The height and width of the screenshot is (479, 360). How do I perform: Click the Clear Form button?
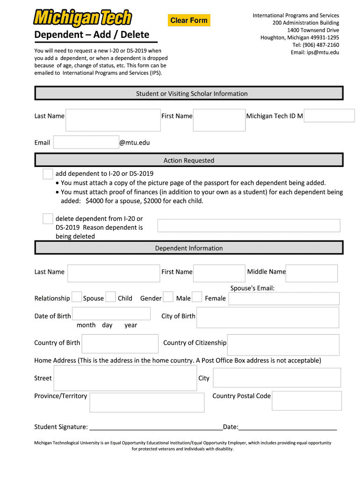tap(189, 20)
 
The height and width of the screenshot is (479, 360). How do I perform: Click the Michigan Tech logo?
tap(82, 19)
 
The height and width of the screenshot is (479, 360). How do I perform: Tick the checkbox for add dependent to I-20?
tap(48, 174)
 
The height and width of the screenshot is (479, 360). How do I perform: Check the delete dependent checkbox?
tap(48, 219)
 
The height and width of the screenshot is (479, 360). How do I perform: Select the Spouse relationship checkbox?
tap(77, 297)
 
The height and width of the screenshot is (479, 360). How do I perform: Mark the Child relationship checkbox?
tap(111, 297)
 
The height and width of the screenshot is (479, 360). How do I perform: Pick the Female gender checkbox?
tap(197, 297)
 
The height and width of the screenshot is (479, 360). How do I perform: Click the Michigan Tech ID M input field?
tap(329, 116)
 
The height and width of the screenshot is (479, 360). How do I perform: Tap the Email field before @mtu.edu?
tap(86, 142)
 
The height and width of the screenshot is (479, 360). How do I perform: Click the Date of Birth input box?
tap(111, 313)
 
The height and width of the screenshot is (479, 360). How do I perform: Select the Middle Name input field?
tap(311, 273)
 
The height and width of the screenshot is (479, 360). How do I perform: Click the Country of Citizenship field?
tap(283, 345)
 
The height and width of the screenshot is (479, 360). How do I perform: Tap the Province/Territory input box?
tap(147, 402)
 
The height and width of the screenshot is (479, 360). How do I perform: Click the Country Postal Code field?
tap(307, 401)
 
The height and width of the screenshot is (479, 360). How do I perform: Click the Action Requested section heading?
tap(189, 160)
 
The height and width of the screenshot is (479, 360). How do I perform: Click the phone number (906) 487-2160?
tap(316, 45)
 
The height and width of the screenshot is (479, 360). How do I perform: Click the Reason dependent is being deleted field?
tap(249, 225)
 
